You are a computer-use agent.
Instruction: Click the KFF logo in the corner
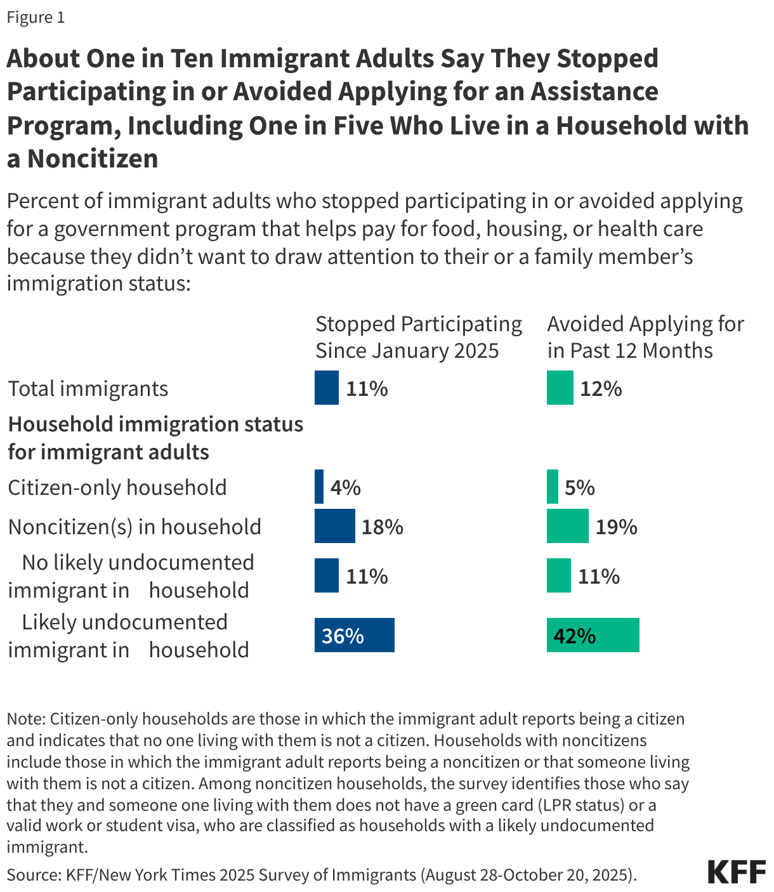[736, 872]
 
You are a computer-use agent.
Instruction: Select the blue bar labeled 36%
[354, 635]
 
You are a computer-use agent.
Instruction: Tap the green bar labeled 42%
[593, 635]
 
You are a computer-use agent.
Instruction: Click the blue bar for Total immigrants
[326, 388]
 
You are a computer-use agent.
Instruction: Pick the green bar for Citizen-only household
[553, 487]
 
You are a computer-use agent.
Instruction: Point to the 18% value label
[382, 527]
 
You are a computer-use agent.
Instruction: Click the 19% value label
[616, 527]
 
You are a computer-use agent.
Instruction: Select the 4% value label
[345, 487]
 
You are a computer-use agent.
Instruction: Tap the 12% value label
[600, 388]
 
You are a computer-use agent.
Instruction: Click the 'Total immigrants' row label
[88, 388]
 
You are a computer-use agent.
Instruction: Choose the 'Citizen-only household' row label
[117, 487]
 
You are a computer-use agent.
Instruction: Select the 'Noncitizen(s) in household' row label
[134, 527]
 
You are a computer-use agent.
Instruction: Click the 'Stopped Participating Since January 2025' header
[418, 337]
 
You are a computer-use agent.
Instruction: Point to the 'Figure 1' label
[36, 17]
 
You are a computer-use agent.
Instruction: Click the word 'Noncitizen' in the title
[93, 159]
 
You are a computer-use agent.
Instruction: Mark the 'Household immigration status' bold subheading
[155, 424]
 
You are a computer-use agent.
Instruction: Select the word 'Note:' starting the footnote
[26, 719]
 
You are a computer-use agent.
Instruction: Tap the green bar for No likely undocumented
[558, 575]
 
